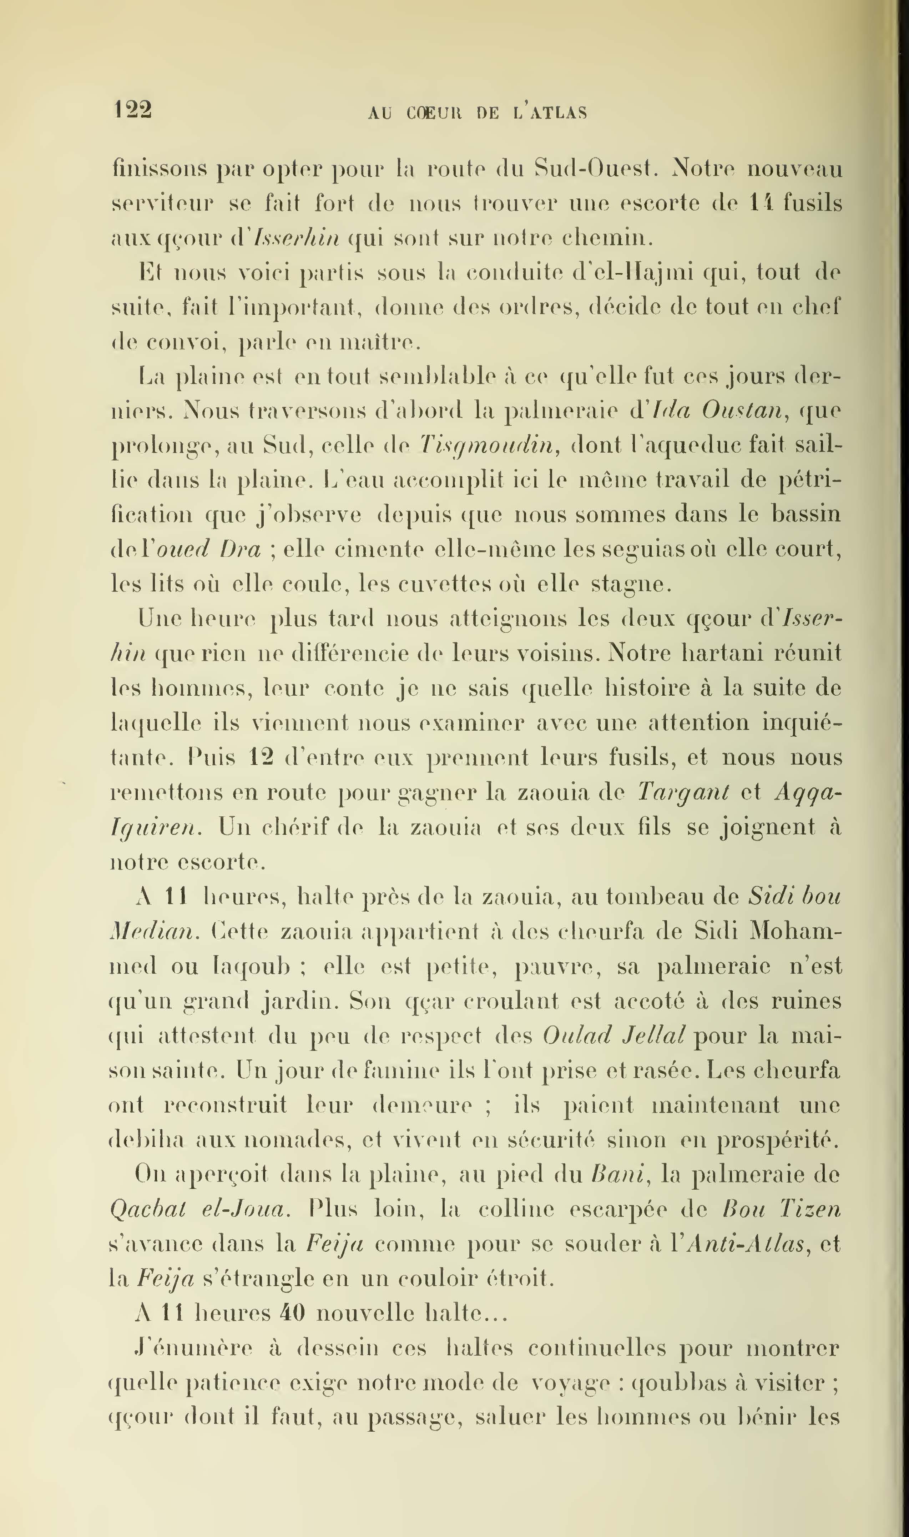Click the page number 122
click(133, 110)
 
